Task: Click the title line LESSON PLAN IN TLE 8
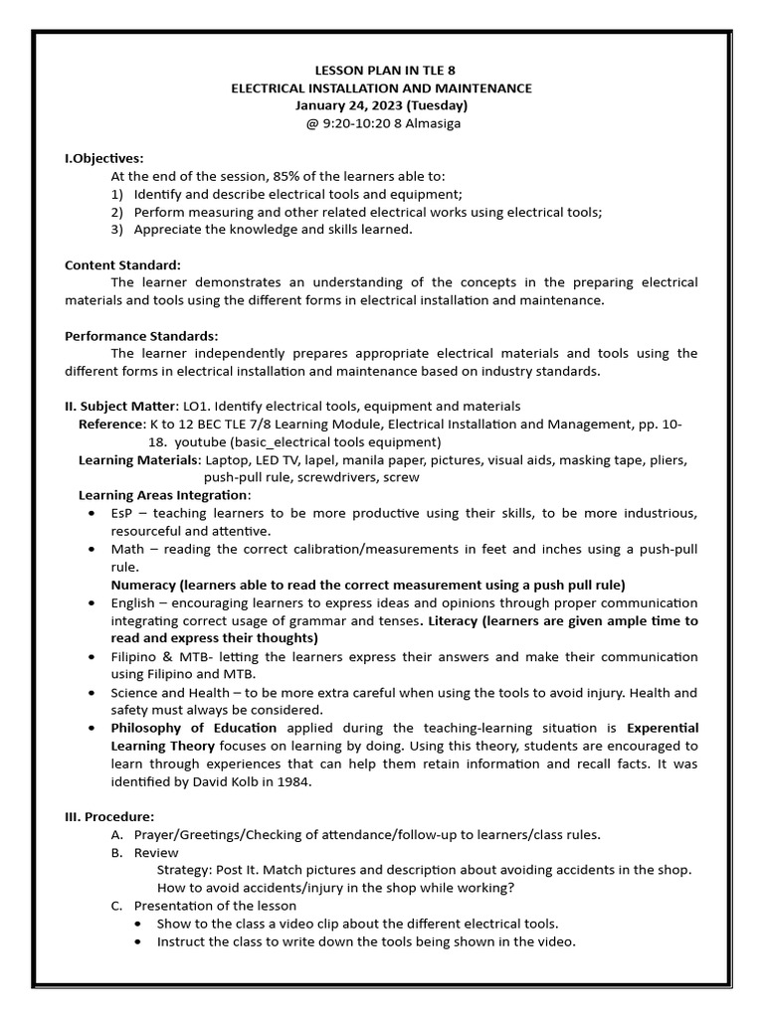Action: point(381,71)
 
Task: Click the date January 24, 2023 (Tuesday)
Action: point(381,105)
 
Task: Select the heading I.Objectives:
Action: point(104,158)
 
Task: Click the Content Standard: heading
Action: point(123,264)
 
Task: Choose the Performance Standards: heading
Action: point(141,336)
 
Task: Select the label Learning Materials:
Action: point(139,459)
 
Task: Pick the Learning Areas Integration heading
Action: point(163,495)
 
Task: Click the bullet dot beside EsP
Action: point(92,513)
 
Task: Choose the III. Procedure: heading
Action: point(109,816)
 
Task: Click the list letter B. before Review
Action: point(117,852)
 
